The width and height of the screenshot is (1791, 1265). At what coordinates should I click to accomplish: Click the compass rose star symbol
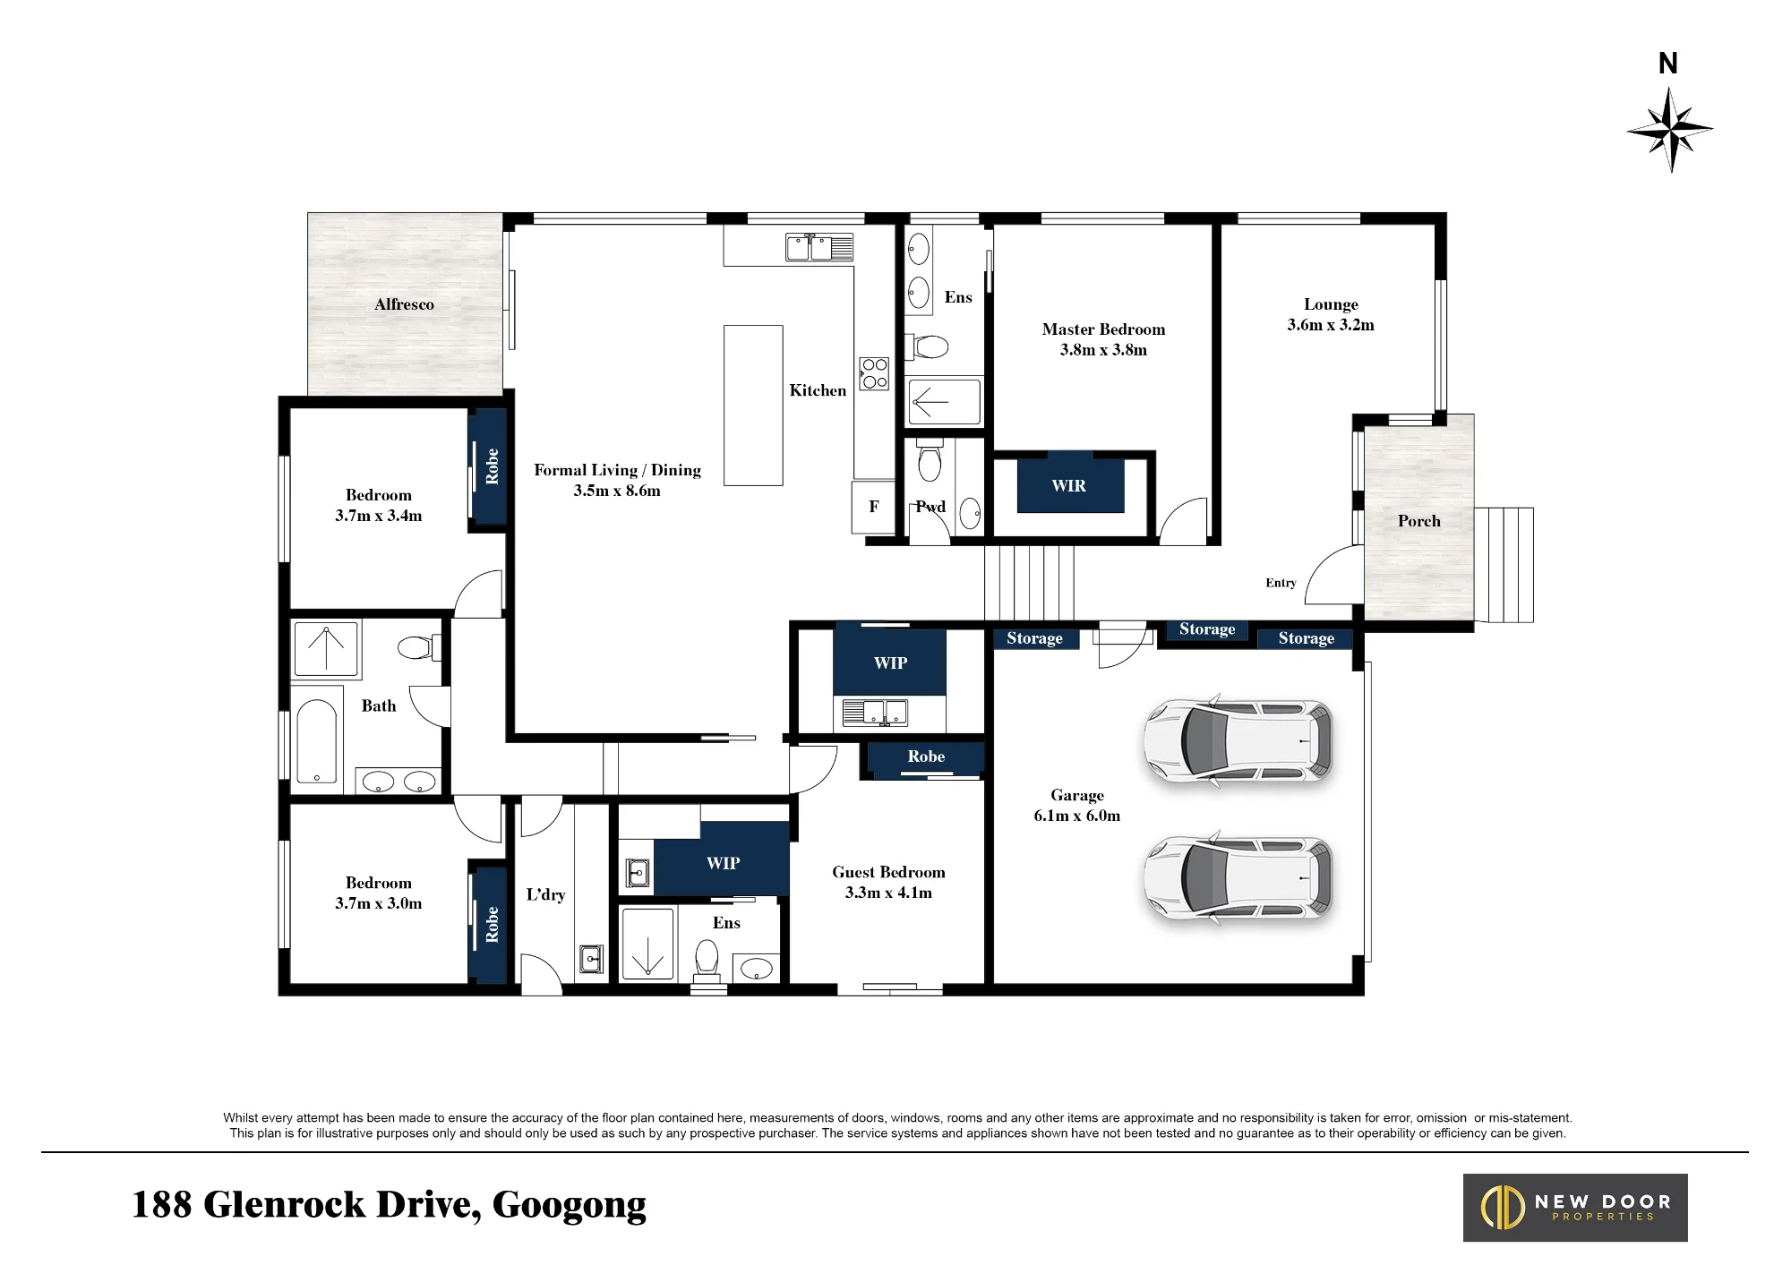click(1670, 130)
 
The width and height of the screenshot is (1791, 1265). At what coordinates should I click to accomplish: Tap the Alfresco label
click(404, 304)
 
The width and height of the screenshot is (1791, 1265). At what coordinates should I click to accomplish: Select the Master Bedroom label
click(1103, 329)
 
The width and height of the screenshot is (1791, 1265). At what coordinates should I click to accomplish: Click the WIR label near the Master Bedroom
click(1069, 485)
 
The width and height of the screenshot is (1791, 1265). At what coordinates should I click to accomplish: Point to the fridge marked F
click(873, 508)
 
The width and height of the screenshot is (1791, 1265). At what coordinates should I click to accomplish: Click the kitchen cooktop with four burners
click(874, 373)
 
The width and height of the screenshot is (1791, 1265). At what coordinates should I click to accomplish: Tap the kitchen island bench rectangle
click(753, 406)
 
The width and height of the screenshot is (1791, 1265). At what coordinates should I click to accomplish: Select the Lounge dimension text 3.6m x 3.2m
click(1331, 325)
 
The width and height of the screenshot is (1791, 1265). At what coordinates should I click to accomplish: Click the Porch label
click(1419, 521)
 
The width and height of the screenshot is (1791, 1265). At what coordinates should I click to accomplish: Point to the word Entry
click(1281, 583)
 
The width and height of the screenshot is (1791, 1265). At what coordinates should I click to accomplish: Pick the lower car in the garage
click(1238, 878)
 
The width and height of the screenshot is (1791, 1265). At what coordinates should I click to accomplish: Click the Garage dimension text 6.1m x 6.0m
click(1076, 816)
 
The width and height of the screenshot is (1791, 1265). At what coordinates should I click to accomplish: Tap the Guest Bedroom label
click(888, 872)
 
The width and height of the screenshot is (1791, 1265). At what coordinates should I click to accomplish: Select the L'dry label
click(545, 894)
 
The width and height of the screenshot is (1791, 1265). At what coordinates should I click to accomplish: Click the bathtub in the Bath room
click(316, 740)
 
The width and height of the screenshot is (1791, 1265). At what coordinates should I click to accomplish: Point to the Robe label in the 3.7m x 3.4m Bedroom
click(492, 466)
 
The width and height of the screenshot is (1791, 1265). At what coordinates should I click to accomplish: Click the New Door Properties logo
click(1575, 1208)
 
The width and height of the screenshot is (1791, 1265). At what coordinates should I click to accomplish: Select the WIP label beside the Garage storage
click(890, 662)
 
